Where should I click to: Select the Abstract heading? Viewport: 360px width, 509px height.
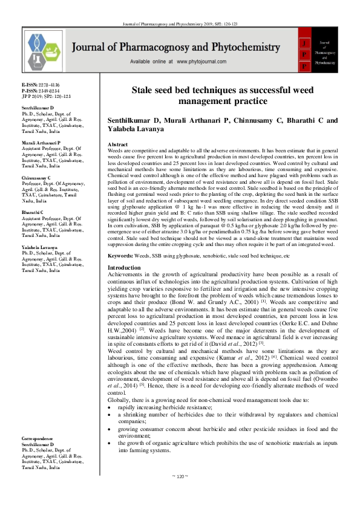click(117, 145)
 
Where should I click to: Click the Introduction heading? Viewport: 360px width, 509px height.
click(123, 267)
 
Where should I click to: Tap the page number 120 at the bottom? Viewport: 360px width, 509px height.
click(180, 493)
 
